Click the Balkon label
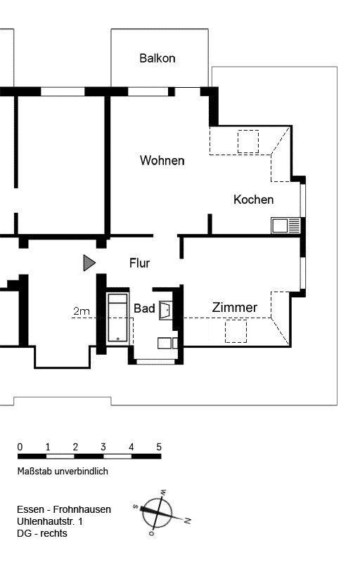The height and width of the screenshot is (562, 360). coord(157,58)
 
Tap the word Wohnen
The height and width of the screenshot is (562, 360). coord(162,160)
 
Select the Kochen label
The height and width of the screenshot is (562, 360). coord(254,200)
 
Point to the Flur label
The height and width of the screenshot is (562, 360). coord(139,263)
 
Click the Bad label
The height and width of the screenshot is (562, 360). coord(144,308)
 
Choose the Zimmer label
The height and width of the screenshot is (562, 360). coord(235,307)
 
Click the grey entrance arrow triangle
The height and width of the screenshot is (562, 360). coord(89,263)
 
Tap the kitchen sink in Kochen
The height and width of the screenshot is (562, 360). coord(285,226)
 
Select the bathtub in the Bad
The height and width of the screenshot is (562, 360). coord(118,318)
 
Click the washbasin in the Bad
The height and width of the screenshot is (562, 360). coord(166,310)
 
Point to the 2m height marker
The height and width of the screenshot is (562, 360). coord(82,311)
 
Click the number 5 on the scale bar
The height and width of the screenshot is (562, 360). coord(159,447)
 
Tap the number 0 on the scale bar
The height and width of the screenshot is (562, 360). coord(20,447)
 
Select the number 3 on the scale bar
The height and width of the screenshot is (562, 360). coord(103,447)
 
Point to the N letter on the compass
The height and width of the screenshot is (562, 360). coord(188,521)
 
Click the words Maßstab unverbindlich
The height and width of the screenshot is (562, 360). coord(63,471)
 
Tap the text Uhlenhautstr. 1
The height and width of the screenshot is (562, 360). coord(49,521)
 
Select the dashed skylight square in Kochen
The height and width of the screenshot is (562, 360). coord(248,142)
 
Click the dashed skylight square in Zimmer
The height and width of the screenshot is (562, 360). coord(236,331)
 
